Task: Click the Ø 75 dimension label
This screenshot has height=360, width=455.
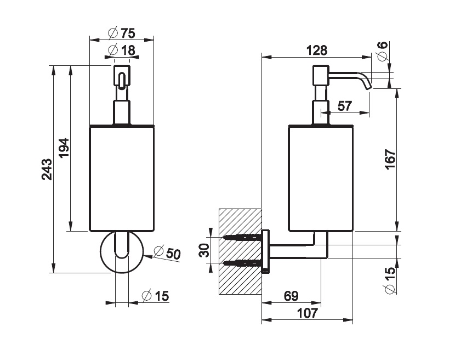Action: pyautogui.click(x=122, y=32)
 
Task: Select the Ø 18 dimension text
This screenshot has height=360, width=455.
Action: pyautogui.click(x=122, y=50)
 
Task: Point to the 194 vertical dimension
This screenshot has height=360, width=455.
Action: pyautogui.click(x=64, y=148)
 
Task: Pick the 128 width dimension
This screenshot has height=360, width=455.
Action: pyautogui.click(x=317, y=50)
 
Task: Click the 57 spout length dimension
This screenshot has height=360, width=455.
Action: pyautogui.click(x=344, y=106)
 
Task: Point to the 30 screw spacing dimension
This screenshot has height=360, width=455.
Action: pyautogui.click(x=203, y=250)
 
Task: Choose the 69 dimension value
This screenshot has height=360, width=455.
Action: pyautogui.click(x=291, y=296)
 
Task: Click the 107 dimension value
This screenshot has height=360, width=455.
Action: pyautogui.click(x=307, y=313)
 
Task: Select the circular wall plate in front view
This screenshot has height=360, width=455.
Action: pyautogui.click(x=122, y=252)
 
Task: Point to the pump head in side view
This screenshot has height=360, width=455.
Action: pyautogui.click(x=320, y=75)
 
